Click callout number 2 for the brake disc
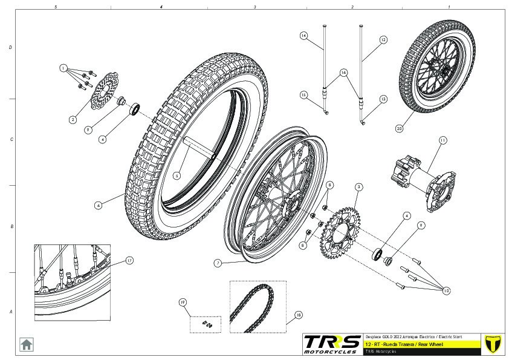[73, 120]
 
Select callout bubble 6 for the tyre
[98, 205]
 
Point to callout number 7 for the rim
[218, 263]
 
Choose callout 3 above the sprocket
[358, 187]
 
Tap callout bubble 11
[443, 140]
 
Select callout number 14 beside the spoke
[304, 36]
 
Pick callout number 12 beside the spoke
[383, 39]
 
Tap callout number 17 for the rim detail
[129, 261]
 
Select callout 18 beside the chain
[298, 315]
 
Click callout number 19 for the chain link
[181, 301]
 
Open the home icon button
[27, 344]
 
